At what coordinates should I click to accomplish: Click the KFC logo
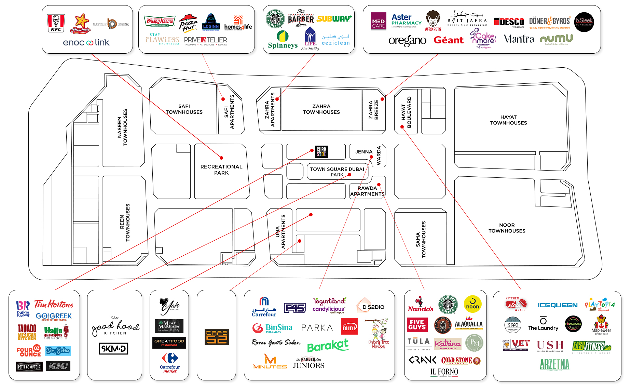(x=56, y=23)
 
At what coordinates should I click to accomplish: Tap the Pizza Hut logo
(x=188, y=23)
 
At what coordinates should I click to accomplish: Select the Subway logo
(x=334, y=19)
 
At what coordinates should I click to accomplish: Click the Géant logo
(x=448, y=40)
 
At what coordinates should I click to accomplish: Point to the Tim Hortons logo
(x=54, y=304)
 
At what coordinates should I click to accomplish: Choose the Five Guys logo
(x=417, y=325)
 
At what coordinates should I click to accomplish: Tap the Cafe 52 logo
(x=217, y=336)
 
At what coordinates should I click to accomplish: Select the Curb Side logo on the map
(x=321, y=151)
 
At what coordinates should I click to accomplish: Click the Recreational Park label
(x=221, y=170)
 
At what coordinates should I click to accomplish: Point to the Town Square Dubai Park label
(x=337, y=172)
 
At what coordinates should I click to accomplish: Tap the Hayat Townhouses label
(x=508, y=120)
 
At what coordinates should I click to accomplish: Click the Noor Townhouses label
(x=507, y=228)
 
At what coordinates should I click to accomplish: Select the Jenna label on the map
(x=363, y=151)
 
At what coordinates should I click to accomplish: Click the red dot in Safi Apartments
(x=223, y=99)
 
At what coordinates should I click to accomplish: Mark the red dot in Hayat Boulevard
(x=402, y=127)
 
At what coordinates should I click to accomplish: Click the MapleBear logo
(x=601, y=325)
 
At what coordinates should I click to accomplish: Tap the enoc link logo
(x=86, y=43)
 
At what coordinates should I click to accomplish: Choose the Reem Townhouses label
(x=125, y=223)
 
